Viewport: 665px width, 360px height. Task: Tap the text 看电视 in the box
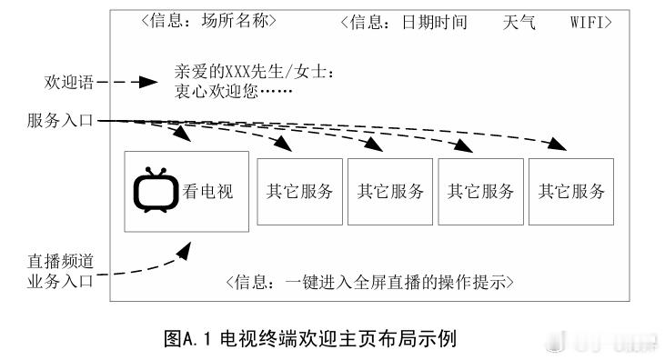click(207, 192)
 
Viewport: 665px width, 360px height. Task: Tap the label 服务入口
click(61, 120)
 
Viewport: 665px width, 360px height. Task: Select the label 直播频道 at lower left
click(61, 262)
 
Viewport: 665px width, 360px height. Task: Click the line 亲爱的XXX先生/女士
click(255, 72)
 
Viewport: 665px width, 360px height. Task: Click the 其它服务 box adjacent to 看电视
click(299, 192)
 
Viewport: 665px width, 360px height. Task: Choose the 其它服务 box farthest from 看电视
click(571, 192)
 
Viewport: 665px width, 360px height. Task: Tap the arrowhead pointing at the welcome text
click(149, 82)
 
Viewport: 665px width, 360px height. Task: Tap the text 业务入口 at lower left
click(61, 281)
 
